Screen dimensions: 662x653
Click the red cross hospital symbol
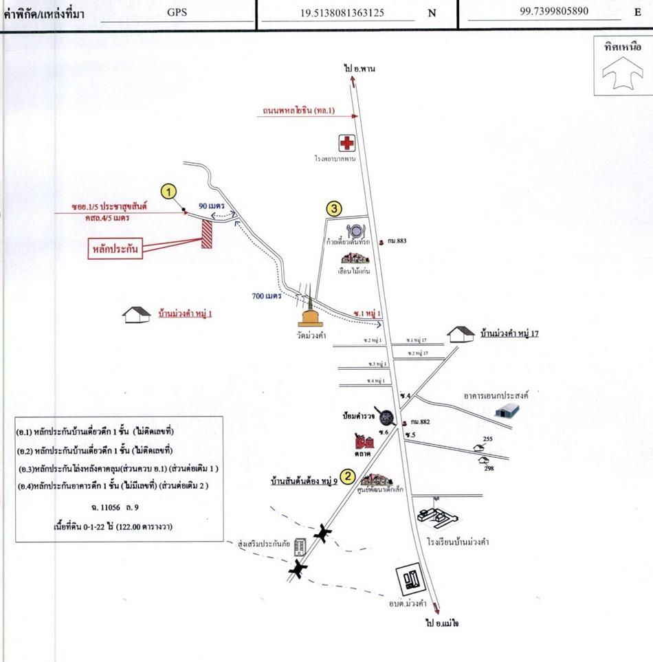pyautogui.click(x=347, y=143)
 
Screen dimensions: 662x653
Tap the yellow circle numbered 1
pyautogui.click(x=169, y=190)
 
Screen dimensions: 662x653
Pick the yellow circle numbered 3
pyautogui.click(x=333, y=209)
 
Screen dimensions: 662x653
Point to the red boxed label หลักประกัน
pyautogui.click(x=115, y=249)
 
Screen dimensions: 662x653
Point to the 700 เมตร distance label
pyautogui.click(x=266, y=296)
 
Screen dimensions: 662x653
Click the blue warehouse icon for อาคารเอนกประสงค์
pyautogui.click(x=507, y=410)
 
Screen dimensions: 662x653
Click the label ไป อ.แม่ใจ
pyautogui.click(x=441, y=622)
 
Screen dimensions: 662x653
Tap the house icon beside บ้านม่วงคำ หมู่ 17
pyautogui.click(x=460, y=334)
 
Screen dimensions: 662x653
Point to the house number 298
pyautogui.click(x=488, y=467)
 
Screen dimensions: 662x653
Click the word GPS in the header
pyautogui.click(x=177, y=12)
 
